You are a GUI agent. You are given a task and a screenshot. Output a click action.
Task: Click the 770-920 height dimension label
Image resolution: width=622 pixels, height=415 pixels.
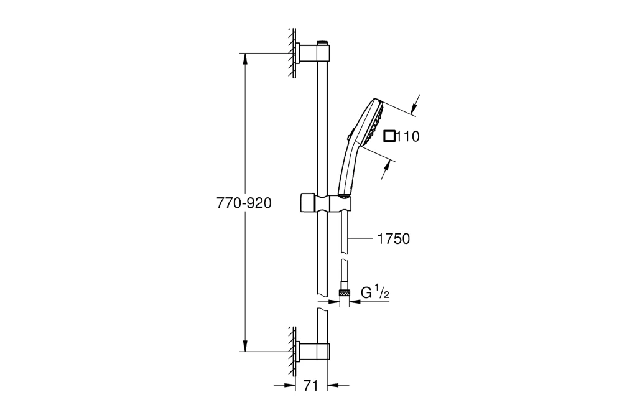(244, 203)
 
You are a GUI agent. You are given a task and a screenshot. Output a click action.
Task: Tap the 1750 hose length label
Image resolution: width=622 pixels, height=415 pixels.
(393, 239)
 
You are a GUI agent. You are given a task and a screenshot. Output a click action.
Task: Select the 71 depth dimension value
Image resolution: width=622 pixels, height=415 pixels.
(312, 386)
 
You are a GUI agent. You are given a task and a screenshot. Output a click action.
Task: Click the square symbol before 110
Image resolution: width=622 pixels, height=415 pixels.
(389, 136)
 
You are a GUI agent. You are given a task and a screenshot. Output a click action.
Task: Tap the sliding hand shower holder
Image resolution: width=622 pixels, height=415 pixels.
(327, 203)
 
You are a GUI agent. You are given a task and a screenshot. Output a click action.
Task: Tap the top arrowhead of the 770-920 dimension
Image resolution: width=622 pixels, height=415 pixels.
(246, 58)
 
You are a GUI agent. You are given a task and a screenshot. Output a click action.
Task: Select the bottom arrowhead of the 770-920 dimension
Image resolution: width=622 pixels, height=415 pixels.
(246, 347)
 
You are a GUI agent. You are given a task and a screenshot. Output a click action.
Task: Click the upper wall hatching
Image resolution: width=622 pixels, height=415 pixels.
(290, 53)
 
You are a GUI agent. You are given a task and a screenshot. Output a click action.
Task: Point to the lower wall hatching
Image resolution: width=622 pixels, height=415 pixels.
(290, 352)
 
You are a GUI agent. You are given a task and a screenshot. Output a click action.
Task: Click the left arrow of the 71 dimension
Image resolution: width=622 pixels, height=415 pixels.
(289, 386)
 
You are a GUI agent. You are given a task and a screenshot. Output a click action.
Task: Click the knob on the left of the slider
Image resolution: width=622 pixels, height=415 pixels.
(305, 203)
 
